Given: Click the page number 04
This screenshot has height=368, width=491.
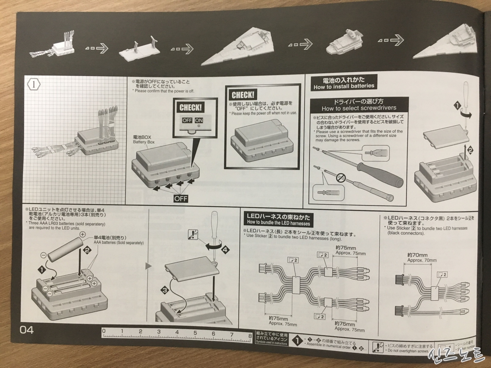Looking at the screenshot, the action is coord(27,330).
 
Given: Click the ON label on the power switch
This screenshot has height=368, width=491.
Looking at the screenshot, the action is coord(199,121).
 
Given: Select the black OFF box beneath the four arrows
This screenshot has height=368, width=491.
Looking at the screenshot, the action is coord(181,198).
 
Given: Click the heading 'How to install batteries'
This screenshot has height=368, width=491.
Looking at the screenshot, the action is coord(344,86).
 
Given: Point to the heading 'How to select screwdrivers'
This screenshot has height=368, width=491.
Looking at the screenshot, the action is coord(359,108).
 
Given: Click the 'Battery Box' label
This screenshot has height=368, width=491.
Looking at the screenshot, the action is coord(144,142).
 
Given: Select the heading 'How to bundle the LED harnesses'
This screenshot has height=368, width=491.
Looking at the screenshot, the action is coord(278,223).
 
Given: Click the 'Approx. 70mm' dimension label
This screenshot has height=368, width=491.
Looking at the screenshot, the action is coord(422,260).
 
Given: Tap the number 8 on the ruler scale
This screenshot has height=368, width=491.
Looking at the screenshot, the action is coord(250,331).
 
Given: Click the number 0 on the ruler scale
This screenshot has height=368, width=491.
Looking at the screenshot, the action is coord(104,331).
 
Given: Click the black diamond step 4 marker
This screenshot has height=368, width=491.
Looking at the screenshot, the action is coord(225,250).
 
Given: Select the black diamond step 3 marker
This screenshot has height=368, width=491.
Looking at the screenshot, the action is coord(165,289).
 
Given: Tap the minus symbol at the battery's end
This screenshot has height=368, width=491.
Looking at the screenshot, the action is coord(43,255).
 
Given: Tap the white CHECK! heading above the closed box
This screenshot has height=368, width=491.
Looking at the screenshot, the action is coord(243,95).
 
